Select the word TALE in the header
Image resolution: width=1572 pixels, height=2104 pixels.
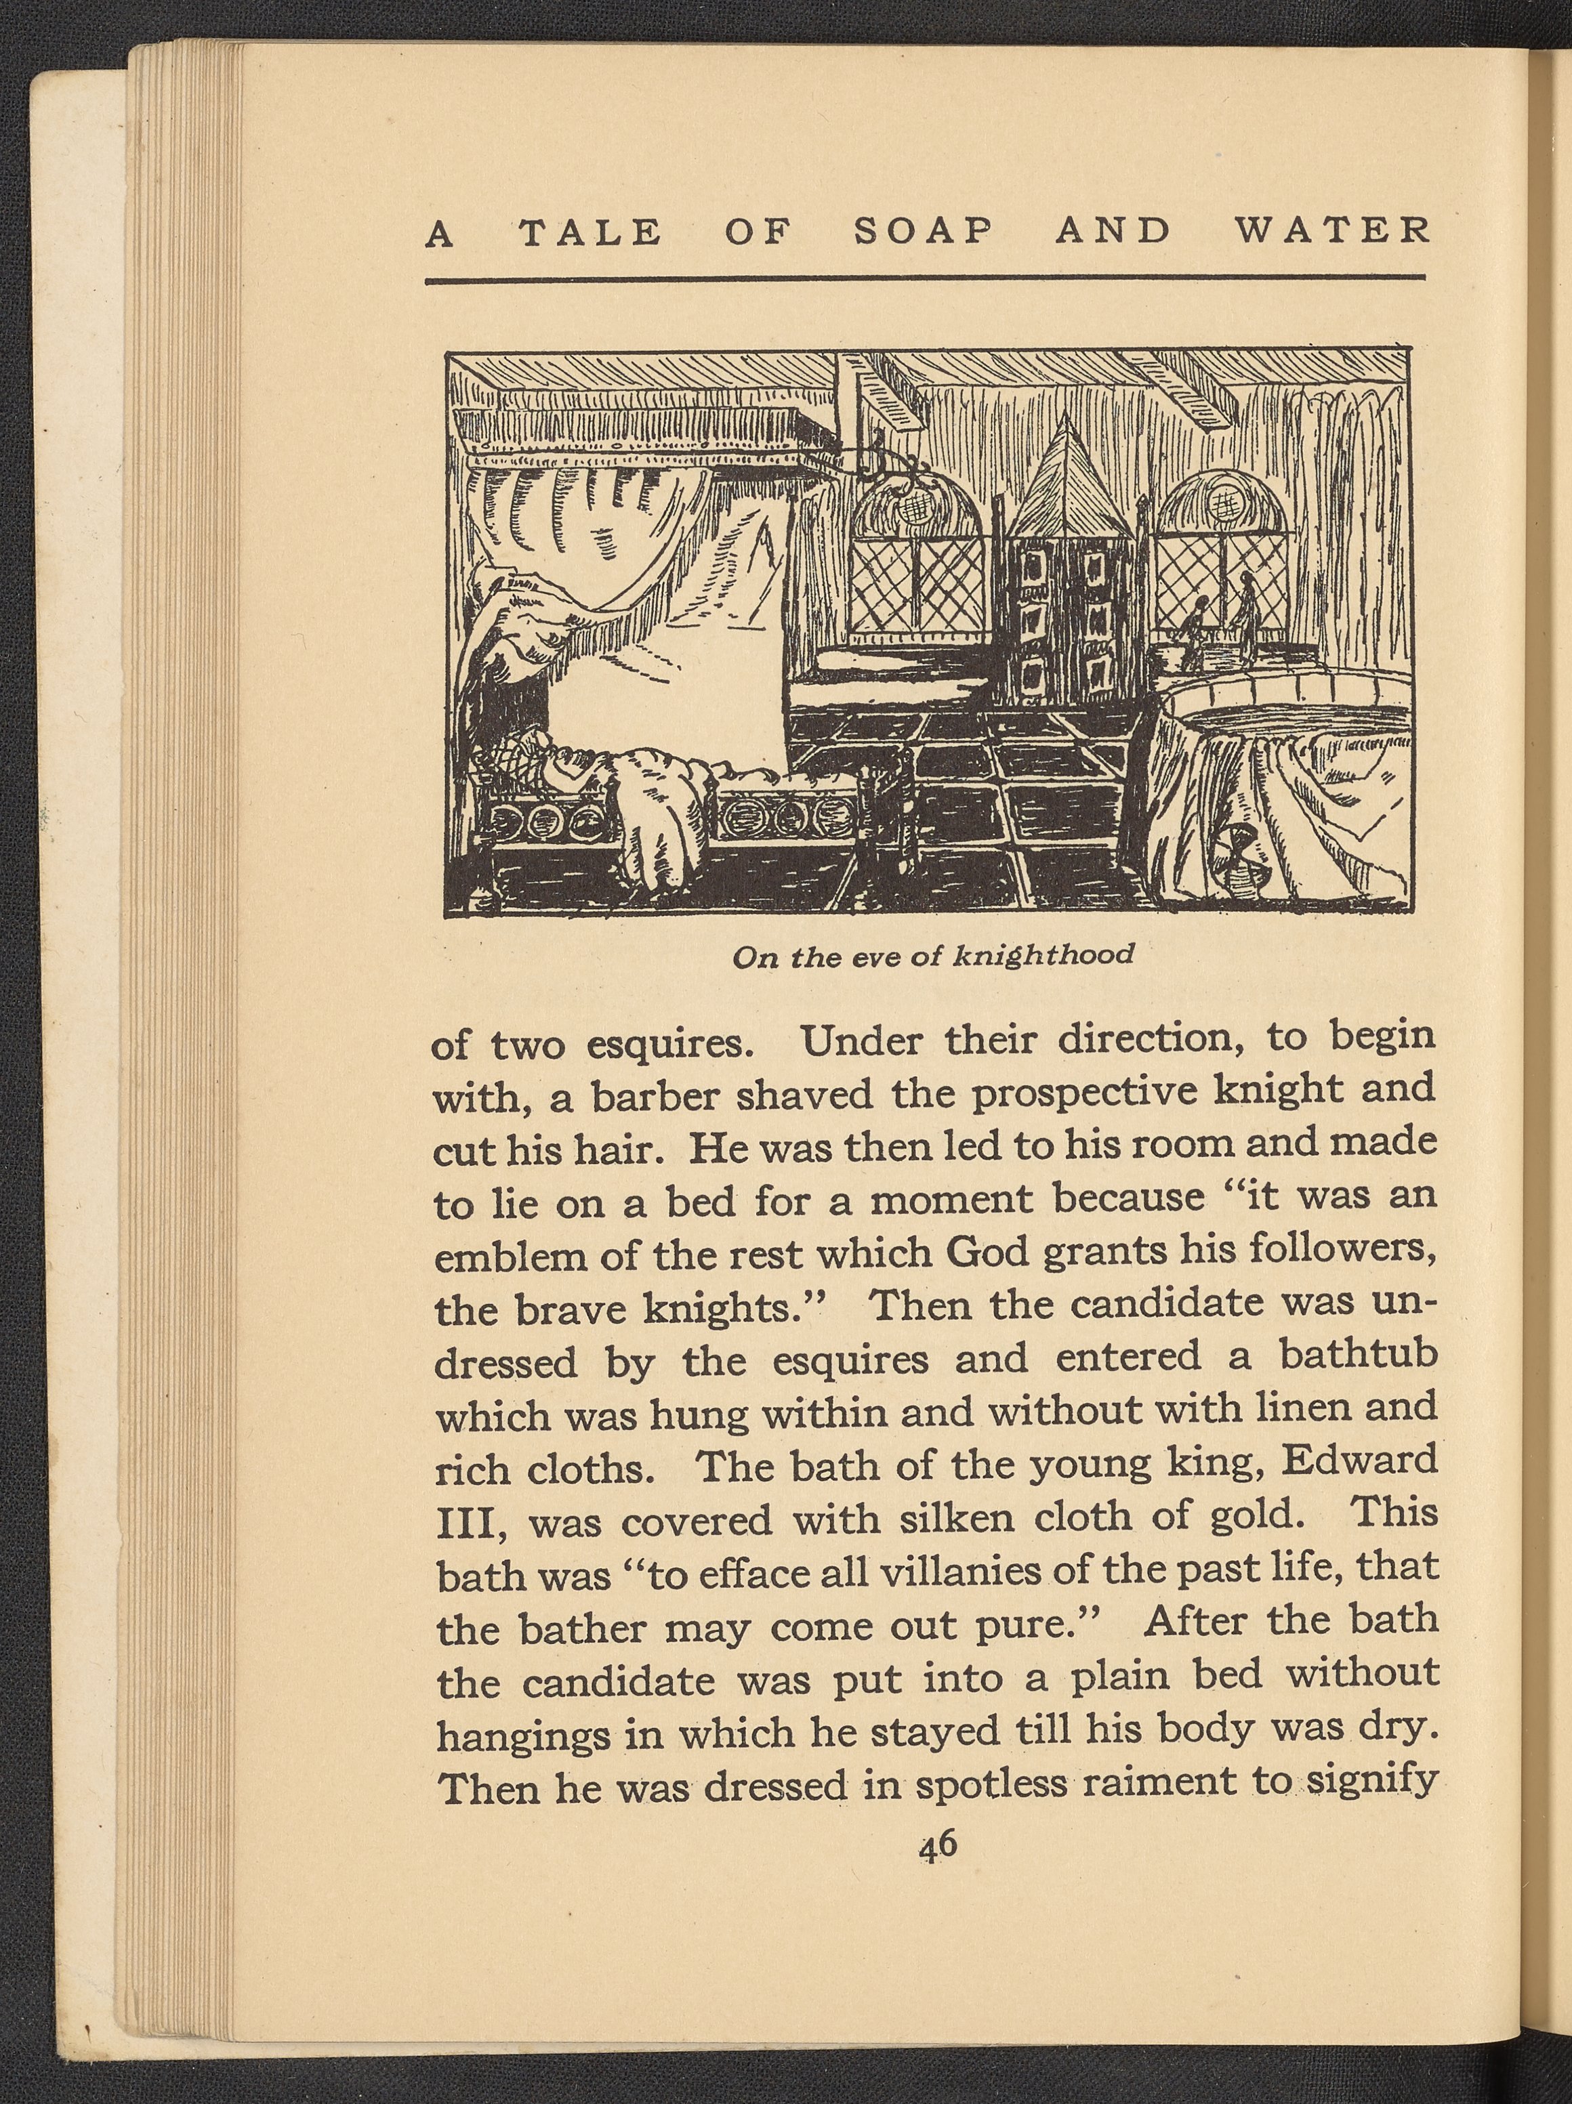click(590, 233)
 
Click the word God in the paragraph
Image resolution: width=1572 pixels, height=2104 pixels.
click(985, 1254)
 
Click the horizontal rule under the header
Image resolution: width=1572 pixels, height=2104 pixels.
click(924, 280)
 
